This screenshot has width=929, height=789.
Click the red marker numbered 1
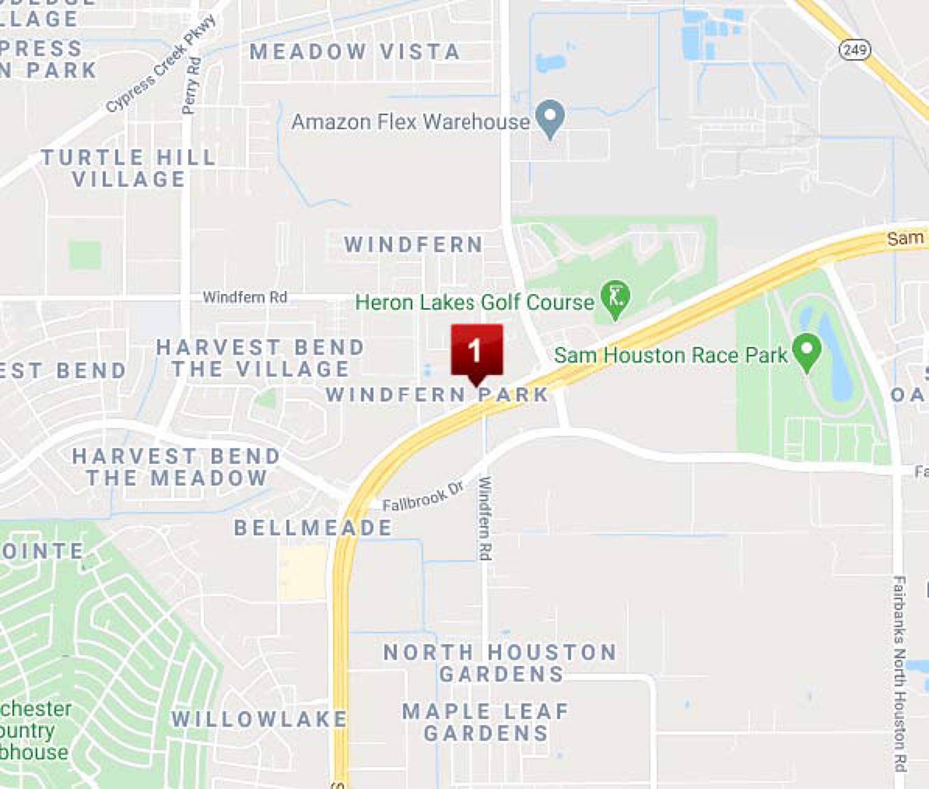tap(477, 351)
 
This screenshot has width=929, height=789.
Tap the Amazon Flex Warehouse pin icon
tap(551, 117)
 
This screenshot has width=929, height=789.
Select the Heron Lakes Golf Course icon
tap(615, 297)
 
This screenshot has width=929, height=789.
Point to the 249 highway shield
tap(855, 50)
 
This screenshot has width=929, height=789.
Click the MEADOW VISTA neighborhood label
tap(355, 51)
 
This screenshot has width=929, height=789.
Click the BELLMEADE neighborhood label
tap(313, 528)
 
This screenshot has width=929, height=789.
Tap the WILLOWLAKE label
tap(260, 719)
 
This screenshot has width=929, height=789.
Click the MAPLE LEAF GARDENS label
tap(486, 722)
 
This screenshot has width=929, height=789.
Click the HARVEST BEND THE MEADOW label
tap(177, 467)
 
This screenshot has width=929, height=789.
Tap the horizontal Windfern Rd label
tap(245, 297)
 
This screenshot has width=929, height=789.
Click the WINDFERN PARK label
tap(437, 394)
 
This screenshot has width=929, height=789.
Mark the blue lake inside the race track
tap(833, 358)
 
